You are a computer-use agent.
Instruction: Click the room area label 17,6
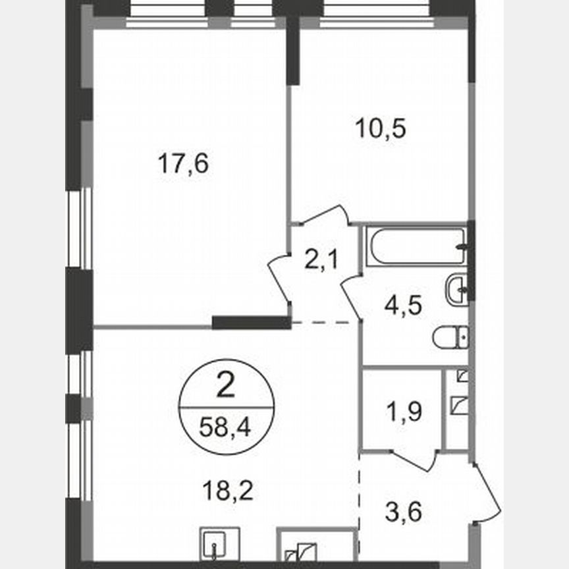(x=183, y=163)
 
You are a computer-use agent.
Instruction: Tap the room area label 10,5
(x=380, y=128)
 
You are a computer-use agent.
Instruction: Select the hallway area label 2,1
(x=321, y=261)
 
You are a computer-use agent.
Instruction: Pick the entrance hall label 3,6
(x=402, y=510)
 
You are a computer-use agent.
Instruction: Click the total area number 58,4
(x=225, y=429)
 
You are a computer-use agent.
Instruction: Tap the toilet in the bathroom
(x=451, y=339)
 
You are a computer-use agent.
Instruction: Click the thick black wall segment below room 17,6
(x=251, y=323)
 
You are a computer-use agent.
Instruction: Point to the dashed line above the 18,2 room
(x=324, y=323)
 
